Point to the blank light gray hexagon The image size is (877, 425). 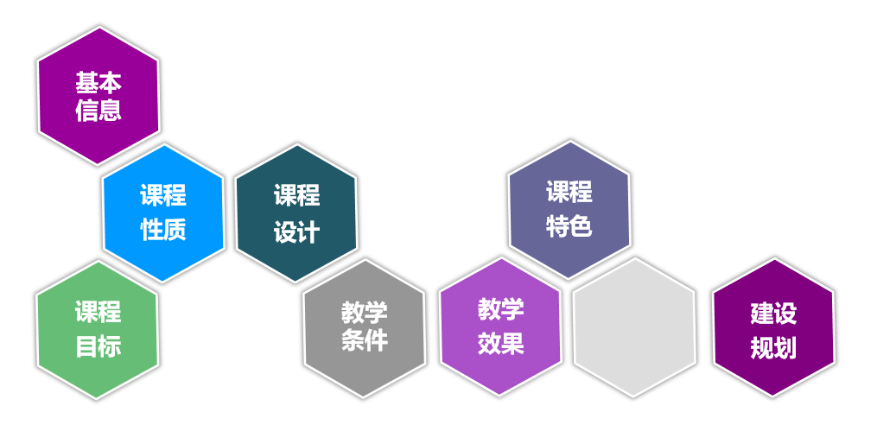click(x=633, y=327)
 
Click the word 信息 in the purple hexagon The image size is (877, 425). click(x=98, y=111)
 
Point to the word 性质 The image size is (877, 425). click(x=163, y=230)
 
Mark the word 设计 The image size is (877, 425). click(x=296, y=232)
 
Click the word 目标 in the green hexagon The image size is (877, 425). click(x=98, y=346)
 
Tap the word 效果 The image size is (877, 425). click(x=501, y=343)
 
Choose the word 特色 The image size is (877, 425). click(x=569, y=226)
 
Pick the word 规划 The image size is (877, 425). click(x=773, y=347)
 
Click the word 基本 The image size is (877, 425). click(x=98, y=83)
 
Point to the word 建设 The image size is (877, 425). click(x=773, y=314)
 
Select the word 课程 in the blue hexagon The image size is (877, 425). click(x=163, y=195)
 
